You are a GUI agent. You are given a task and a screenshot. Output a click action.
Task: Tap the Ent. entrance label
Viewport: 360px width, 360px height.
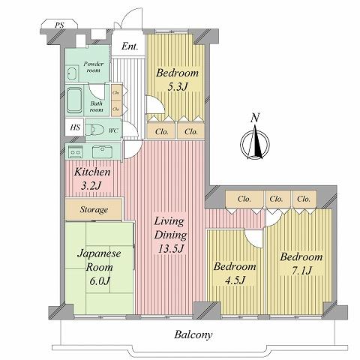click(130, 47)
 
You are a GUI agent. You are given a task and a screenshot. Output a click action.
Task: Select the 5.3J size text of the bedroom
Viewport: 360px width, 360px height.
click(177, 87)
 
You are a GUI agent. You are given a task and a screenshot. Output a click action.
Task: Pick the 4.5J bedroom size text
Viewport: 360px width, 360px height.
click(235, 281)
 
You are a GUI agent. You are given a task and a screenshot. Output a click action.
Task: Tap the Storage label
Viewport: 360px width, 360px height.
click(94, 209)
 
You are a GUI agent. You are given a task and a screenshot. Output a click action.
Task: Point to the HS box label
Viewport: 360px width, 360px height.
click(75, 127)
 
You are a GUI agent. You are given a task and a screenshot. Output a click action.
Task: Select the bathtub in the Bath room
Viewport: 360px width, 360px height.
click(76, 100)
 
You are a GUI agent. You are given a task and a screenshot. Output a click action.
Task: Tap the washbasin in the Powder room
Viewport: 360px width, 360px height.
click(72, 73)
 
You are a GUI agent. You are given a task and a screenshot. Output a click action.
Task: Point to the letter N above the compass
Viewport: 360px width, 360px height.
click(256, 118)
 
